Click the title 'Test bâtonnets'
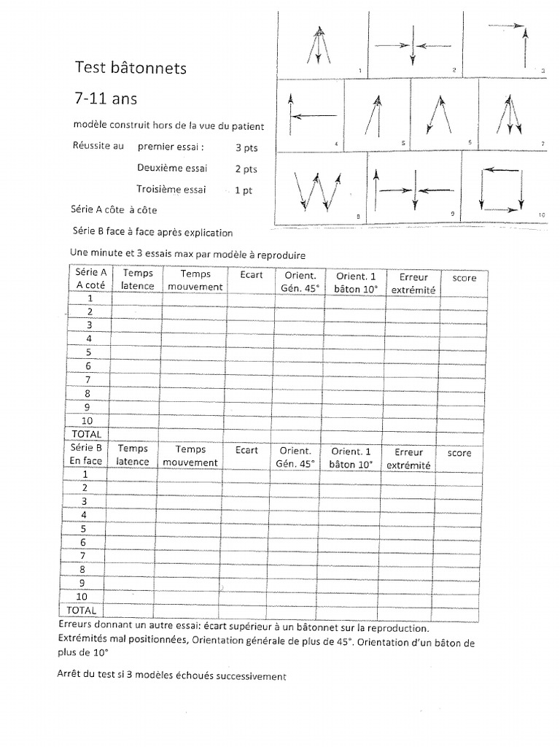[x=131, y=68]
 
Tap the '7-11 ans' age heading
[x=106, y=97]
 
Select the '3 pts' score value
[x=246, y=148]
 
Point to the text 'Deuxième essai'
[x=171, y=168]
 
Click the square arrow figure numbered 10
[x=502, y=190]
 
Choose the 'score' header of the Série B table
[x=459, y=453]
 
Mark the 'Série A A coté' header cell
[x=90, y=279]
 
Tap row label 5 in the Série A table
[x=89, y=352]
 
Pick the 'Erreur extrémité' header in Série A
[x=413, y=283]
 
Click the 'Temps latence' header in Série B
[x=132, y=455]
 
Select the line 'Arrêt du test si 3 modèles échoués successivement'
[x=171, y=676]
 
